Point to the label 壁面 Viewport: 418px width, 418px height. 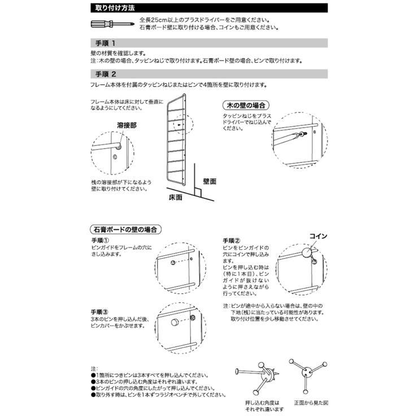210,182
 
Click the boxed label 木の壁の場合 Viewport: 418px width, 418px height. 246,106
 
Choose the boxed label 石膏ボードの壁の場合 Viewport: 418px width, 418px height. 124,230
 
